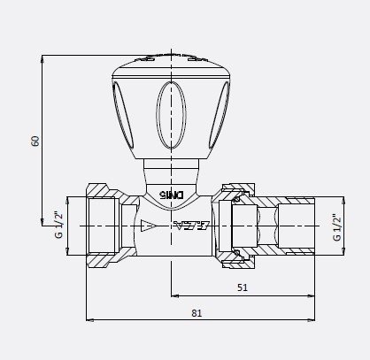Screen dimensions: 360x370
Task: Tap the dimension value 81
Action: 197,311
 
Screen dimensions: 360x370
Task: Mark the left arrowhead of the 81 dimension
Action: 89,319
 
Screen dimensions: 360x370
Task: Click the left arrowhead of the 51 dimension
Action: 173,295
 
